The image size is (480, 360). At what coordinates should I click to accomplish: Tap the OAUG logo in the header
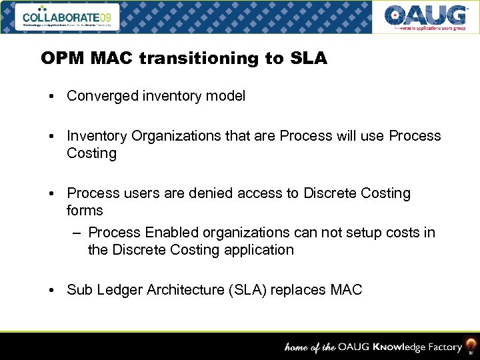tap(425, 17)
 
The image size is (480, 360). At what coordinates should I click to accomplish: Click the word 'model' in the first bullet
tap(227, 96)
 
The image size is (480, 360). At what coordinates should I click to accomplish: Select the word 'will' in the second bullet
tap(351, 136)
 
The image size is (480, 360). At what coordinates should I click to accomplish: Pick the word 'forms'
tap(85, 211)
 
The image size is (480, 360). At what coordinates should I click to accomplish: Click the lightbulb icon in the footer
tap(471, 346)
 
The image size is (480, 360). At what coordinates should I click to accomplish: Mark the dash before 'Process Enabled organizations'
tap(77, 233)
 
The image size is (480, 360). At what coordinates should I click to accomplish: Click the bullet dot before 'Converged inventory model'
tap(51, 97)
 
